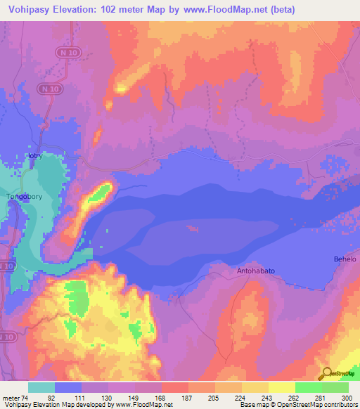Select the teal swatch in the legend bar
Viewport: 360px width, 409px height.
(41, 387)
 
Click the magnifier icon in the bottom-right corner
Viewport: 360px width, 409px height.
(326, 373)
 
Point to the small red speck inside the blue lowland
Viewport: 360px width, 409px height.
(191, 228)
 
